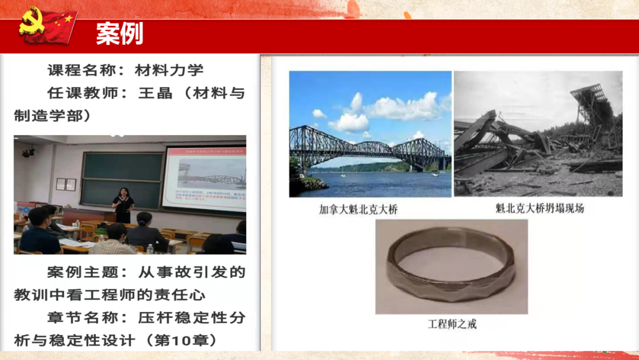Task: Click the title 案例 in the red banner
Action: click(120, 34)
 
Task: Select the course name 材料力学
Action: click(169, 70)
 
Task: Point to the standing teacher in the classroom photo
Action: click(123, 204)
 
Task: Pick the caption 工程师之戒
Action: click(451, 324)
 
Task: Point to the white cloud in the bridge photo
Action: click(390, 110)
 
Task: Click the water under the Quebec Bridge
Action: click(379, 184)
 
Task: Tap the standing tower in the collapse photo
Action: click(592, 107)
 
